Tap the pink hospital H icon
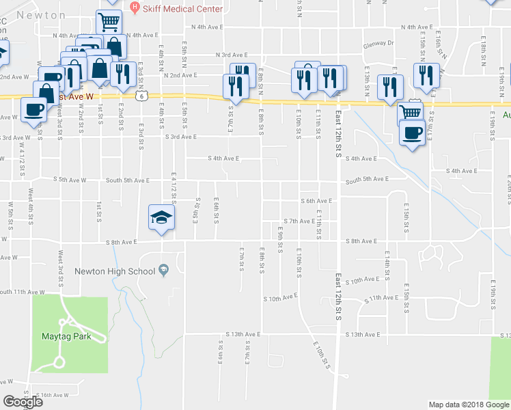pyautogui.click(x=135, y=8)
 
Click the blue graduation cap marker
pyautogui.click(x=161, y=218)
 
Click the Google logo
pyautogui.click(x=23, y=402)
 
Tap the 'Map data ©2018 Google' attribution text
pyautogui.click(x=469, y=405)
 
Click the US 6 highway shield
pyautogui.click(x=139, y=98)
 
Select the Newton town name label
pyautogui.click(x=41, y=14)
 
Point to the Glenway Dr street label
pyautogui.click(x=379, y=42)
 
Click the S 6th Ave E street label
pyautogui.click(x=317, y=201)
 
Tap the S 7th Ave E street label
pyautogui.click(x=299, y=221)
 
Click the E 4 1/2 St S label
pyautogui.click(x=174, y=188)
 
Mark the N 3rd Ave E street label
pyautogui.click(x=231, y=55)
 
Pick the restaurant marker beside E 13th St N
pyautogui.click(x=389, y=87)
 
